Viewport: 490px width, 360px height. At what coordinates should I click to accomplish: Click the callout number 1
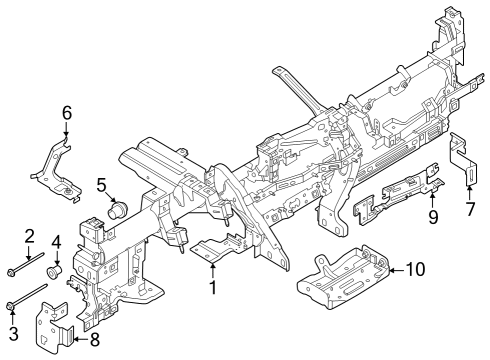pos(213,288)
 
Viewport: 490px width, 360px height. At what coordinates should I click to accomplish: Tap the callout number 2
pos(30,236)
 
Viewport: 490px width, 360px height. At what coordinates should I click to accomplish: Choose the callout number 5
pos(101,184)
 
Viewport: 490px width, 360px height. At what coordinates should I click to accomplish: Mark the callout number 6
pos(67,113)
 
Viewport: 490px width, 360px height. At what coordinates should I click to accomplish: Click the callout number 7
pos(470,211)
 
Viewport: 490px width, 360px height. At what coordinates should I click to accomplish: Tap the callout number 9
pos(433,217)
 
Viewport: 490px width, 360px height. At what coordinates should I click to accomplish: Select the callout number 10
pos(414,269)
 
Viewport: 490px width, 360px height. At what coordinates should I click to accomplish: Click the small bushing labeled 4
pos(57,269)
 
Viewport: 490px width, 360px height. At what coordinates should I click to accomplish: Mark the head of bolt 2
pos(11,270)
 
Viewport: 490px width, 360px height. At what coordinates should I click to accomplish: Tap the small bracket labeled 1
pos(216,249)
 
